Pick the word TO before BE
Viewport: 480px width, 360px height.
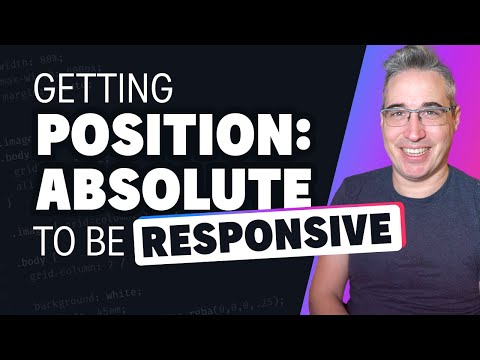pos(55,238)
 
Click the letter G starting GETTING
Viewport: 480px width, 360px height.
pos(46,93)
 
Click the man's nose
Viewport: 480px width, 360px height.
pos(393,139)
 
